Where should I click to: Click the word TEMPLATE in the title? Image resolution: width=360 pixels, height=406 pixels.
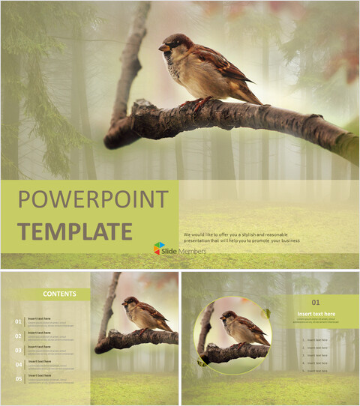point(75,231)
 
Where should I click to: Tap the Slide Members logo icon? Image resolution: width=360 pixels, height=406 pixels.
point(160,248)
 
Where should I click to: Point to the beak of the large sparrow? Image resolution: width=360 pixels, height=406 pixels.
point(162,48)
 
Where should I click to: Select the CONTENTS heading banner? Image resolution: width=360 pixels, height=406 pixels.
point(58,294)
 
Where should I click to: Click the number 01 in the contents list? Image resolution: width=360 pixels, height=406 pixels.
point(17,322)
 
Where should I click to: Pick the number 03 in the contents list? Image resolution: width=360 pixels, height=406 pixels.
point(17,350)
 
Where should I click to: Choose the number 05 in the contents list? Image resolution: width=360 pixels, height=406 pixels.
point(17,378)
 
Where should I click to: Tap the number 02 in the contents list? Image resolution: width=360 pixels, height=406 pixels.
point(17,336)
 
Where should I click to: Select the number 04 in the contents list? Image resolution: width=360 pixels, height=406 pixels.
point(17,364)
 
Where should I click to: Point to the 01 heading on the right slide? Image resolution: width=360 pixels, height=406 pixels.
point(315,301)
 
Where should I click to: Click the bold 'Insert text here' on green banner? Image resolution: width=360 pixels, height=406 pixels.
point(315,314)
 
